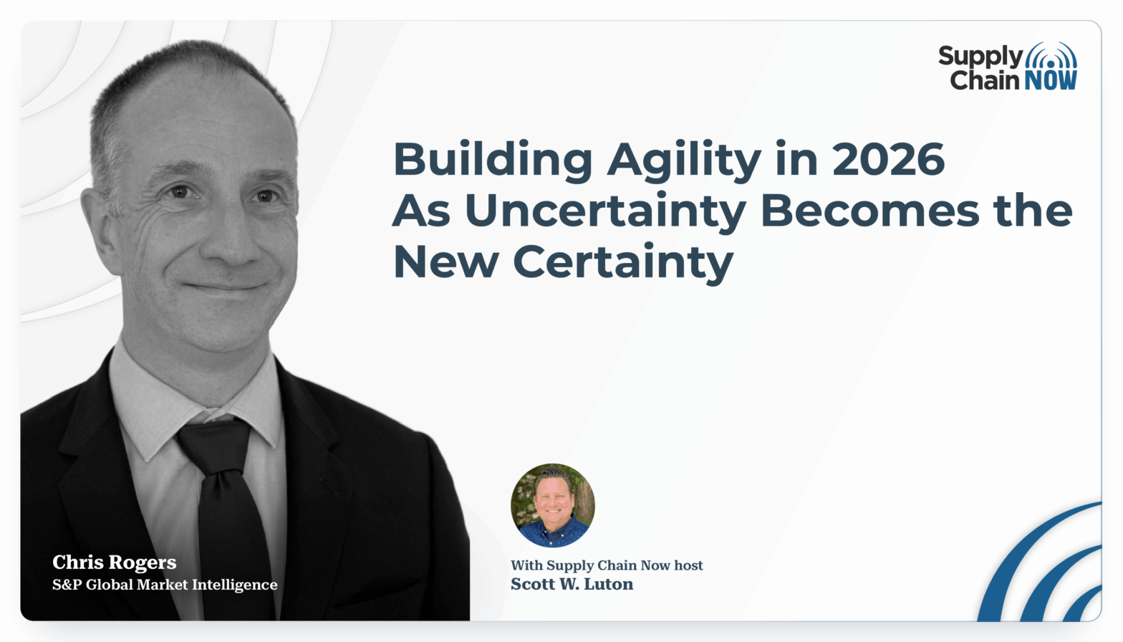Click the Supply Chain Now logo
click(1008, 67)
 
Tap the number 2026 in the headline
click(888, 159)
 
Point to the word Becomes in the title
click(869, 211)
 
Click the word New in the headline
click(445, 262)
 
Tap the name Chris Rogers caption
click(115, 562)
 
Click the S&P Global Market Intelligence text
click(165, 585)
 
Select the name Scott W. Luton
click(572, 585)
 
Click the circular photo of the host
click(552, 505)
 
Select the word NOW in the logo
click(1051, 80)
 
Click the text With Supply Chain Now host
click(607, 565)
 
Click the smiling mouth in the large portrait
click(225, 287)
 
